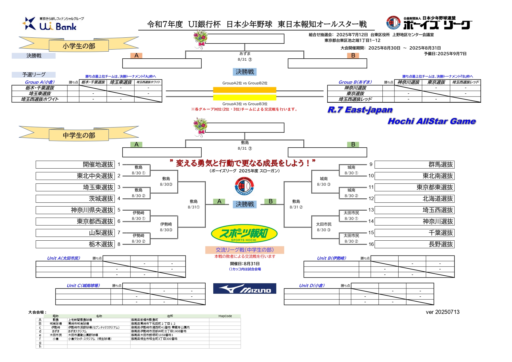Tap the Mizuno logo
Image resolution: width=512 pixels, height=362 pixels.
244,288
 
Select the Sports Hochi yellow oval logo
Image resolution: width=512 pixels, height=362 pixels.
244,233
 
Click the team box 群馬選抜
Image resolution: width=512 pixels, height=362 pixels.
414,165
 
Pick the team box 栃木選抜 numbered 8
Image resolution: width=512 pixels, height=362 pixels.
75,244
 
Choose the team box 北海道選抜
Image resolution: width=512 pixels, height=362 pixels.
414,199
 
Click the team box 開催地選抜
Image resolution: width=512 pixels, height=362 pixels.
75,165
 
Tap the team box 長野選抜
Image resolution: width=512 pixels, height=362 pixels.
414,244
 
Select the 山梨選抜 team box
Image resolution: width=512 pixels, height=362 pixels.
75,233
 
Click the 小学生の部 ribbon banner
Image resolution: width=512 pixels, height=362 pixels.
79,46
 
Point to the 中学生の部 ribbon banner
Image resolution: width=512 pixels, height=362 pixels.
79,135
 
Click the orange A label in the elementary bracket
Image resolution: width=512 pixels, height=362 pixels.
136,55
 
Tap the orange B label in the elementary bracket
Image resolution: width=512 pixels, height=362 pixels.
353,55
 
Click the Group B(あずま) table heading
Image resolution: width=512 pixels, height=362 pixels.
355,82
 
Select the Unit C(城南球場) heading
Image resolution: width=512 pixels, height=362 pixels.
83,286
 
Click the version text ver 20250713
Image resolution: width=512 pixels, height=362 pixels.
442,312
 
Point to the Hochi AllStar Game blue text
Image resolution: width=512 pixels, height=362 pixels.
431,121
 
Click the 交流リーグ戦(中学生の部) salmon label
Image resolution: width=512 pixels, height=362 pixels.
244,250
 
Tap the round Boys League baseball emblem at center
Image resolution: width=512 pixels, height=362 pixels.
244,186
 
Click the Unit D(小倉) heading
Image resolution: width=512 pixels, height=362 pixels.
312,286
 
